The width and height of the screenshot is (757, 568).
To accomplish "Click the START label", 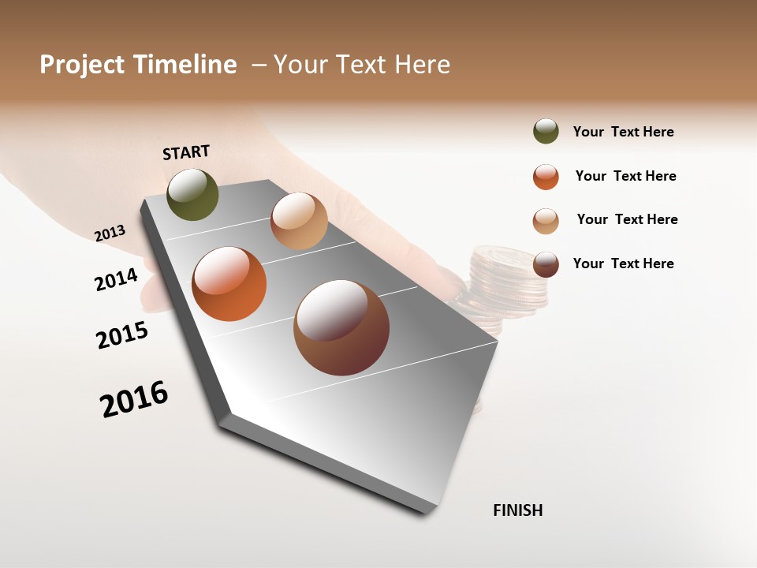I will (186, 152).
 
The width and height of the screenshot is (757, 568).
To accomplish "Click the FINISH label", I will (517, 510).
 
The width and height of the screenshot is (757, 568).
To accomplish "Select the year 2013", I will (110, 233).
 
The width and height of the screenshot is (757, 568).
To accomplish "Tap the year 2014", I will (116, 279).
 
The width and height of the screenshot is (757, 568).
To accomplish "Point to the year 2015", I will (122, 334).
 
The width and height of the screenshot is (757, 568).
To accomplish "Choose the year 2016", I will (134, 399).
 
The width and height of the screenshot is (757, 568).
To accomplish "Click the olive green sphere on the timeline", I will (193, 195).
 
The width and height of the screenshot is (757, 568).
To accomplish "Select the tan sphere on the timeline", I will (299, 221).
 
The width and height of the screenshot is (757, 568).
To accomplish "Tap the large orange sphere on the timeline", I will (229, 284).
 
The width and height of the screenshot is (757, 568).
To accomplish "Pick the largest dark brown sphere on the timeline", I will (341, 327).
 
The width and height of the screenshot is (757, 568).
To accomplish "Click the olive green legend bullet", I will (546, 131).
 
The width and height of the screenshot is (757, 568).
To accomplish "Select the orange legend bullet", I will (546, 177).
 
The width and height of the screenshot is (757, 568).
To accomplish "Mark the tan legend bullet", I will (546, 221).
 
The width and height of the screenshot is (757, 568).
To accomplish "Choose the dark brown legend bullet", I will (546, 264).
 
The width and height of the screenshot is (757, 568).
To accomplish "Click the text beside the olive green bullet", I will (623, 132).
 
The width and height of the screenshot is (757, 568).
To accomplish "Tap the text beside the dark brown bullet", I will (623, 263).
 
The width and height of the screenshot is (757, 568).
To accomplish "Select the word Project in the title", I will (81, 65).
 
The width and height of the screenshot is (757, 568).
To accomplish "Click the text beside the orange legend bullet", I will (625, 176).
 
